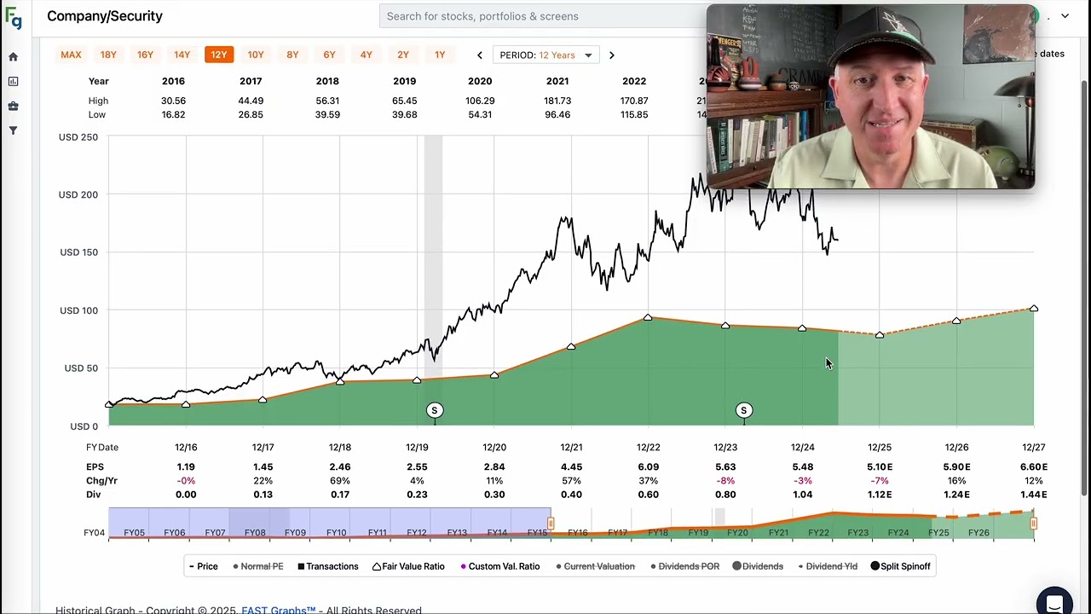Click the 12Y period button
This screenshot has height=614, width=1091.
(x=219, y=55)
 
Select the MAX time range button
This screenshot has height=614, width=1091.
(x=71, y=55)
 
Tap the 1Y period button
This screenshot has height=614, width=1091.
(x=440, y=55)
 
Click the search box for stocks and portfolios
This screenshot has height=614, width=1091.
(x=545, y=16)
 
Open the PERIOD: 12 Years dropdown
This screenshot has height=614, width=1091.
(x=545, y=55)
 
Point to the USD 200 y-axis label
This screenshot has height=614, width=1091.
(x=78, y=194)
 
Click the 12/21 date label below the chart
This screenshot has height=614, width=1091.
(x=571, y=447)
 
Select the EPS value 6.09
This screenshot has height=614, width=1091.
(x=648, y=466)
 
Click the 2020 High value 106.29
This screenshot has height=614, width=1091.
(x=480, y=101)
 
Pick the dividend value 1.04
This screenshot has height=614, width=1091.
(x=802, y=494)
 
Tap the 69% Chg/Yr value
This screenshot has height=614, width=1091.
(x=339, y=480)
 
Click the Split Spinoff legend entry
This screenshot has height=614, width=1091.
(x=900, y=566)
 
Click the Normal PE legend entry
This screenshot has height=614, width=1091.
(x=258, y=566)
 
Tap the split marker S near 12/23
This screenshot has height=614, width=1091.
(x=743, y=410)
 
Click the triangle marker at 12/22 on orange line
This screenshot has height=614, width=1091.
(x=648, y=318)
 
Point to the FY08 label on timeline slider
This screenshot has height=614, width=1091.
(x=254, y=532)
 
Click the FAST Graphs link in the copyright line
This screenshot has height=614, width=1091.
(x=278, y=610)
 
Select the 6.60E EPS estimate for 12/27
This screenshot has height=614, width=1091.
(x=1033, y=466)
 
